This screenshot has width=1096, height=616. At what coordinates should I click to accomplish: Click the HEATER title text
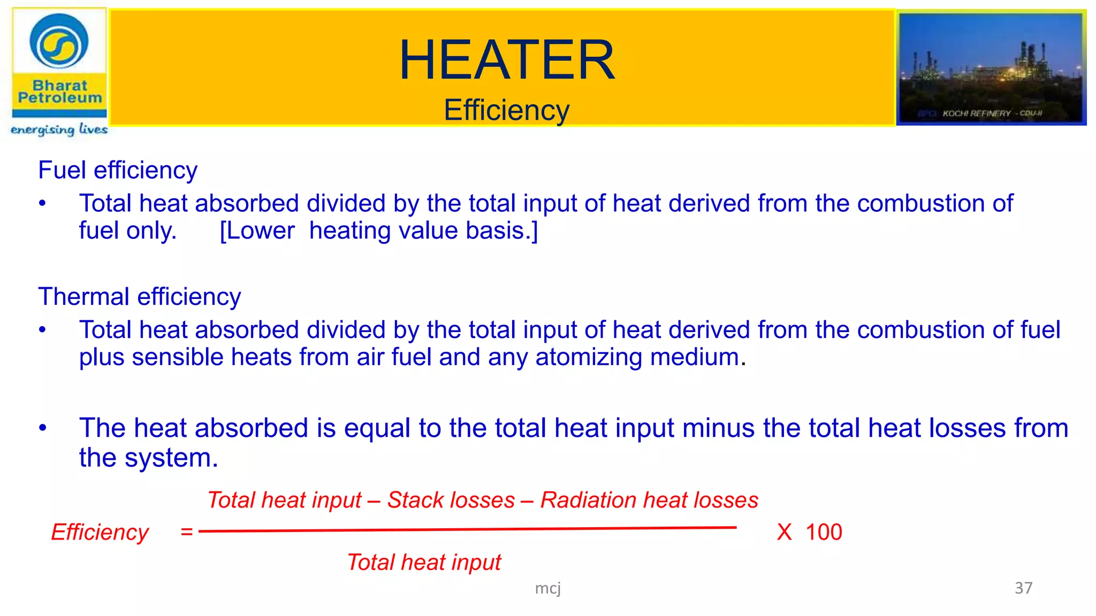[x=507, y=60]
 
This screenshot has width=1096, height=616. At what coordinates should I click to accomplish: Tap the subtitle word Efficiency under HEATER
[x=506, y=110]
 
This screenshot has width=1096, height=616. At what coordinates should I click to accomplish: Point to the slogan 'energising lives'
[x=59, y=129]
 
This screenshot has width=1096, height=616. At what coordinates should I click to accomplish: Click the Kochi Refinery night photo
[x=991, y=68]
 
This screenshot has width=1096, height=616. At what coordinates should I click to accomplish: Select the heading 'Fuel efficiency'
[x=118, y=171]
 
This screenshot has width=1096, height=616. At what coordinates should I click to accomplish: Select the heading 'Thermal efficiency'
[x=139, y=297]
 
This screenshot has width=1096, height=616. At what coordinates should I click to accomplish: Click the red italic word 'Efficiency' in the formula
[x=100, y=533]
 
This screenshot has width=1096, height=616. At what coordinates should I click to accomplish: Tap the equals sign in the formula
[x=186, y=532]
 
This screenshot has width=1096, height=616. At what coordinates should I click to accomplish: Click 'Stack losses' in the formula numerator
[x=451, y=500]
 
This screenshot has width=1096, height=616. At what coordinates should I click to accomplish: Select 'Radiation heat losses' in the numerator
[x=649, y=500]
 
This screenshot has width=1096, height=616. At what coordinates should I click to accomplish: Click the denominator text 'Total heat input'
[x=424, y=563]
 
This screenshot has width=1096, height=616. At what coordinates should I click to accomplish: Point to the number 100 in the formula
[x=824, y=533]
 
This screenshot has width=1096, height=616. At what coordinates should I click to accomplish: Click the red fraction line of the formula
[x=467, y=530]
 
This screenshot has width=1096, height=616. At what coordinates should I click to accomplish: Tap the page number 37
[x=1023, y=588]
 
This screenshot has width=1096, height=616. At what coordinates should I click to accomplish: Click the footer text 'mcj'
[x=547, y=589]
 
